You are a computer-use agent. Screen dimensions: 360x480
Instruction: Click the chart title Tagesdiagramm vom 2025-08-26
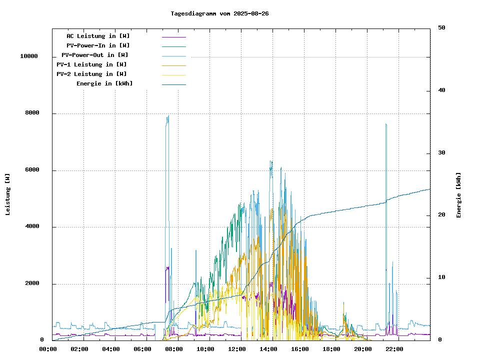219,13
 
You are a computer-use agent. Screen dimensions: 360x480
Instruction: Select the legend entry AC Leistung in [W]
98,36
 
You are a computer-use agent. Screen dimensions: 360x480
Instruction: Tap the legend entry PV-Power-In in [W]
98,45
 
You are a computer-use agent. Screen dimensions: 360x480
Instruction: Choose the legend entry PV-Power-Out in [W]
95,55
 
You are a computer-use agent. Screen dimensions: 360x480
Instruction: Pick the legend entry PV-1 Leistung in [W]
91,64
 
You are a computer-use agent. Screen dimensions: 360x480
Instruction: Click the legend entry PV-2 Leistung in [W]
91,74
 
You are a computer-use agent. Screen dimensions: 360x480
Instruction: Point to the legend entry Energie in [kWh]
105,83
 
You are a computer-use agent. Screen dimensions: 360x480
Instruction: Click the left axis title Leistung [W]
8,194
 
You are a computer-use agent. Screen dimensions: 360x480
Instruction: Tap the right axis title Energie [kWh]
459,195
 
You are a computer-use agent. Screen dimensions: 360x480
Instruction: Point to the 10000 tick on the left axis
29,56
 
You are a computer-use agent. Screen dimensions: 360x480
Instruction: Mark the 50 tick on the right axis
441,28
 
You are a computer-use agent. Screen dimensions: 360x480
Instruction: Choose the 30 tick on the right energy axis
441,153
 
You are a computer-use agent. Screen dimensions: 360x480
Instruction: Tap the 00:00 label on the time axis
48,349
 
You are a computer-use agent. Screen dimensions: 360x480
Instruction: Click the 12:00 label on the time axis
237,349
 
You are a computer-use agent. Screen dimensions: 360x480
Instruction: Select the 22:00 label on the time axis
394,349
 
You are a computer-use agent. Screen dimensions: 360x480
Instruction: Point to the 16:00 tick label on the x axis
300,349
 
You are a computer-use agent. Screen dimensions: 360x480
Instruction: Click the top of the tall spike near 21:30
386,123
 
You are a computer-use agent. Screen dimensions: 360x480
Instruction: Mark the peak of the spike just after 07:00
168,115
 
